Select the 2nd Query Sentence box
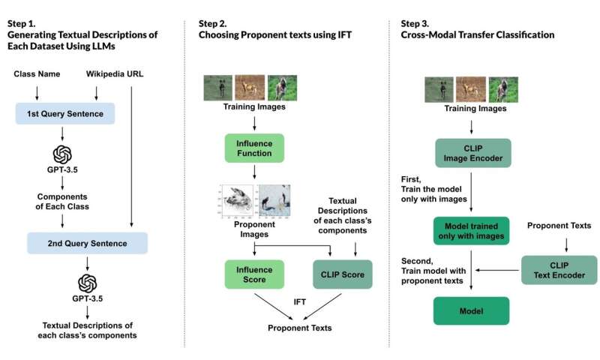pos(87,243)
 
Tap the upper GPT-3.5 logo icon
pos(62,154)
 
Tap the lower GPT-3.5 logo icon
pos(87,283)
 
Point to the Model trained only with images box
pos(469,232)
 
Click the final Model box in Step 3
pos(469,310)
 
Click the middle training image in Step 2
pos(250,87)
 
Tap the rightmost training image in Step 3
pos(503,88)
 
